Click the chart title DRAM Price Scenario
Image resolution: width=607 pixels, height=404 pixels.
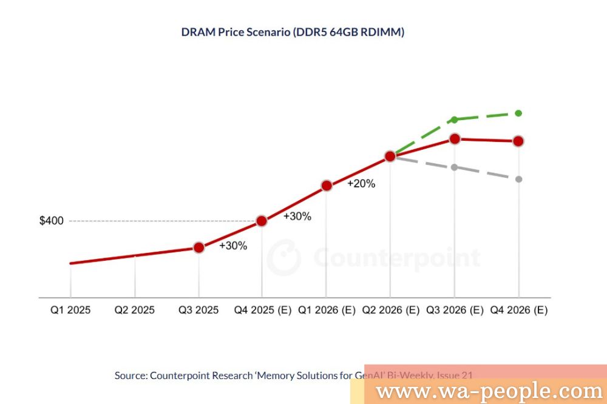pyautogui.click(x=293, y=32)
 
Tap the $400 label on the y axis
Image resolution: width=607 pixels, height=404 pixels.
pyautogui.click(x=51, y=221)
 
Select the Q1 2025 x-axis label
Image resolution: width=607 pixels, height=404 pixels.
pyautogui.click(x=70, y=310)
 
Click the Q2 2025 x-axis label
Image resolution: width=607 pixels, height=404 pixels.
pyautogui.click(x=135, y=310)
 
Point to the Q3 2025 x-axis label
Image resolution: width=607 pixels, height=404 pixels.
pyautogui.click(x=198, y=310)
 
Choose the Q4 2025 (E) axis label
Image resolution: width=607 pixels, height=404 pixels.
pyautogui.click(x=263, y=310)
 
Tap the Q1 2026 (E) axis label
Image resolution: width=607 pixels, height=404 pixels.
pyautogui.click(x=327, y=310)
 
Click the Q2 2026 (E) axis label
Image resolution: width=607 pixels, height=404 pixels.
pyautogui.click(x=390, y=310)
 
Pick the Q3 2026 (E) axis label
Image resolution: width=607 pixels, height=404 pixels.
pyautogui.click(x=455, y=310)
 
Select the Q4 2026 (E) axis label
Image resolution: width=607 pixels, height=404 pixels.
pyautogui.click(x=518, y=310)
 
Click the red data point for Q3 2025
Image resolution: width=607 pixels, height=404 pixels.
pyautogui.click(x=198, y=247)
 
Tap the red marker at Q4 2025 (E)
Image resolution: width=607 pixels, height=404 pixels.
pyautogui.click(x=262, y=221)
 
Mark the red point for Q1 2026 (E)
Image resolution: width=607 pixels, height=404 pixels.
pyautogui.click(x=327, y=186)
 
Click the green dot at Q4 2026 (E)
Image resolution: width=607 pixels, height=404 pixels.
pyautogui.click(x=518, y=113)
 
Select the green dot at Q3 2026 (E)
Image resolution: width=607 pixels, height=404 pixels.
pyautogui.click(x=455, y=120)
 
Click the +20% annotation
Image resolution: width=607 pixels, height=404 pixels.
pyautogui.click(x=361, y=184)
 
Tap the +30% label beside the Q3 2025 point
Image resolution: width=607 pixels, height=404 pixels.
pyautogui.click(x=233, y=246)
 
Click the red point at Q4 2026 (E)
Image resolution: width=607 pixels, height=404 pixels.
pyautogui.click(x=518, y=141)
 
